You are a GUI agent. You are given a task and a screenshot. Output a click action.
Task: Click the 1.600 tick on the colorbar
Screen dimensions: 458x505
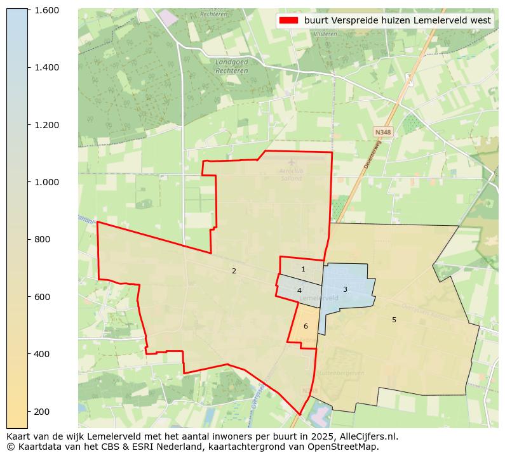coord(46,10)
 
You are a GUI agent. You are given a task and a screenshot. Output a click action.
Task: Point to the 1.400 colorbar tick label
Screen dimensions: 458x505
coord(46,67)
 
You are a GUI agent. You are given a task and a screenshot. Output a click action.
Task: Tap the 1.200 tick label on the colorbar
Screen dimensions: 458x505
coord(46,125)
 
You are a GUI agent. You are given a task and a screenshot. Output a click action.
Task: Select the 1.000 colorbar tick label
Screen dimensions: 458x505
coord(46,182)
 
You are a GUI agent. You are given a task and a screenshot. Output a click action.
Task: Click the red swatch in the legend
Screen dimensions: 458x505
coord(288,20)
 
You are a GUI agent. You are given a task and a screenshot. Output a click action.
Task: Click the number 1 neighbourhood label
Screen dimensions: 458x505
coord(303,269)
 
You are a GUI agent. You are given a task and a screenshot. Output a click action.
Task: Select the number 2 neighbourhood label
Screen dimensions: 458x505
coord(234,271)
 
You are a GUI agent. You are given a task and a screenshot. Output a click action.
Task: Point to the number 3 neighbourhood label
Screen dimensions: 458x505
coord(345,289)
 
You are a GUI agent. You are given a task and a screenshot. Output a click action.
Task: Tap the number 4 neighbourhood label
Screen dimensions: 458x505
coord(299,291)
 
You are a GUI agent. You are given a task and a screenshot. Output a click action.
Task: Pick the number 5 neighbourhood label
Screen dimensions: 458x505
coord(394,320)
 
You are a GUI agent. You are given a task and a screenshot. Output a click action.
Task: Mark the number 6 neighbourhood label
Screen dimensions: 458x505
coord(306,326)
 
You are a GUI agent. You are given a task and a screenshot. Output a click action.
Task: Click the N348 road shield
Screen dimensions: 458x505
coord(383,132)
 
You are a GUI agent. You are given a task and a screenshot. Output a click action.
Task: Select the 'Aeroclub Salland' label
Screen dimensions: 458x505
coord(292,174)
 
